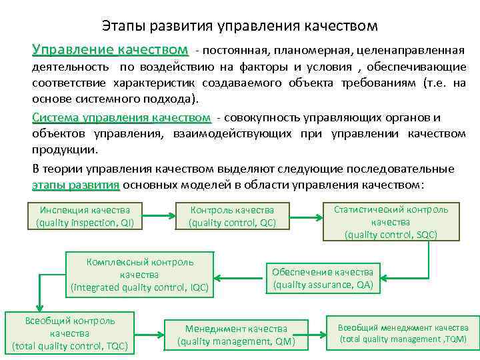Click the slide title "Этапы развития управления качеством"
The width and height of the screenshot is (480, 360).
click(x=240, y=26)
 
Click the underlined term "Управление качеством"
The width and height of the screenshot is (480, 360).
click(x=110, y=50)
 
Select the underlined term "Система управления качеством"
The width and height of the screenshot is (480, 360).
click(x=121, y=117)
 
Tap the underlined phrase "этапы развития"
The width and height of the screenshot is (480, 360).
click(x=75, y=185)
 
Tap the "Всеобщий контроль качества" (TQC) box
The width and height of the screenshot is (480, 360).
click(x=69, y=333)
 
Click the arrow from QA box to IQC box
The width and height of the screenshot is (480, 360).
click(x=241, y=275)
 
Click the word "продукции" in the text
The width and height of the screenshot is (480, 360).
click(x=59, y=150)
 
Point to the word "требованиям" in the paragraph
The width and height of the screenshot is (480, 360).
click(x=380, y=83)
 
